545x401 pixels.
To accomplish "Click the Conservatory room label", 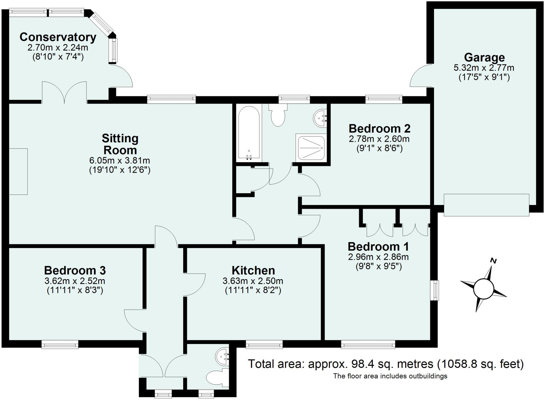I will [x=58, y=37].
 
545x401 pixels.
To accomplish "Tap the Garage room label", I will [x=484, y=57].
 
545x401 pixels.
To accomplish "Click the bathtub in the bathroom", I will [x=249, y=133].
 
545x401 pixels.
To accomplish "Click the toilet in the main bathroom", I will [x=278, y=116].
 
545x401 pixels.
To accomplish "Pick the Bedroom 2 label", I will [x=379, y=129].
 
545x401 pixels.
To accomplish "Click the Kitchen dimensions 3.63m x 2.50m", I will [x=253, y=281].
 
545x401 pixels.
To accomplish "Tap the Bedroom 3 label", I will [x=75, y=270].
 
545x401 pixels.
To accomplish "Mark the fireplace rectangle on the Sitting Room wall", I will [x=18, y=172].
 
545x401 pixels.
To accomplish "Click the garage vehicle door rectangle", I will [x=486, y=205].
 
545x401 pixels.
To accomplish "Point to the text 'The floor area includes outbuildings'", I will [x=390, y=376].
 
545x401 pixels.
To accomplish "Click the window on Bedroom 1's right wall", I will [x=435, y=290].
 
